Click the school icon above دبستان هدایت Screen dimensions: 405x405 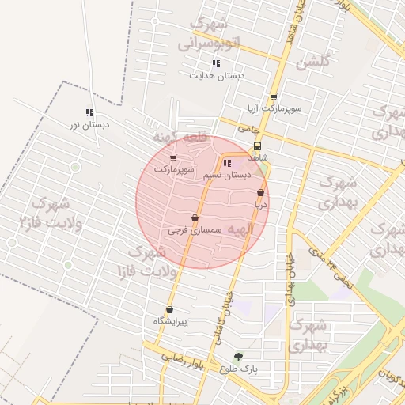click(216, 63)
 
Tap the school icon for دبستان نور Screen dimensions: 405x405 click(89, 112)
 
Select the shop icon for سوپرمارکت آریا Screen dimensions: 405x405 click(274, 97)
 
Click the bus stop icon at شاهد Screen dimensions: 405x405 click(258, 146)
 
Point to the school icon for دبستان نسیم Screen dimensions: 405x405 click(228, 163)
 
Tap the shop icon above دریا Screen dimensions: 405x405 click(260, 192)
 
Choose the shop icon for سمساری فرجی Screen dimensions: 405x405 click(195, 218)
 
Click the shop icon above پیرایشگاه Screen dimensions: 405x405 click(169, 310)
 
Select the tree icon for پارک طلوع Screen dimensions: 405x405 click(238, 357)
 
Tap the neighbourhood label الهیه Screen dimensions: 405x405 click(239, 229)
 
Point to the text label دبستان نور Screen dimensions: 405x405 click(89, 125)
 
